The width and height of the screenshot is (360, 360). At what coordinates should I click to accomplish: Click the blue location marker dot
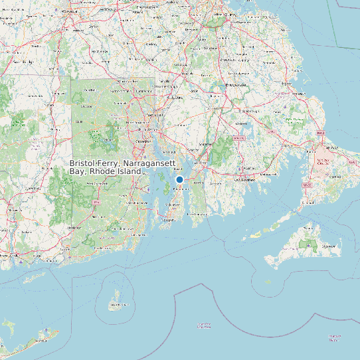coord(179,179)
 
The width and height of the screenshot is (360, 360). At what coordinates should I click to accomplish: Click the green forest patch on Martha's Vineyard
coord(307,244)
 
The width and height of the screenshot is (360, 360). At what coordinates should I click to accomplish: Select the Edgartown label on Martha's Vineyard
coord(328,246)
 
